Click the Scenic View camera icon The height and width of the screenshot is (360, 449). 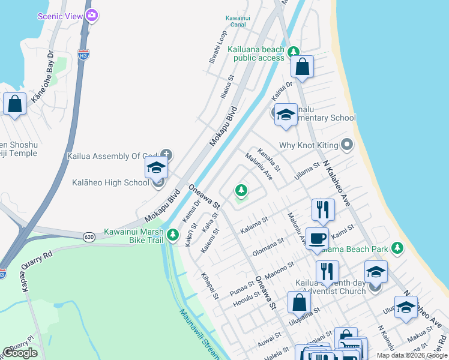[91, 16]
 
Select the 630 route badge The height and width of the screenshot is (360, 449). [89, 236]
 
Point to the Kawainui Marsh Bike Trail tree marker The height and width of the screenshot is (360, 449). [173, 234]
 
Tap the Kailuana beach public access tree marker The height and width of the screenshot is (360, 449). [293, 52]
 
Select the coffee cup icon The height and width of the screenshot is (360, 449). [317, 238]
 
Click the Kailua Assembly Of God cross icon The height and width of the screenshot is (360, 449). [166, 155]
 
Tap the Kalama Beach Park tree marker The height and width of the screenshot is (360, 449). [396, 247]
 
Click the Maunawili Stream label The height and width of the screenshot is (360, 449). [198, 334]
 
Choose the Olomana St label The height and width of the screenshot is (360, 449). [268, 247]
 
